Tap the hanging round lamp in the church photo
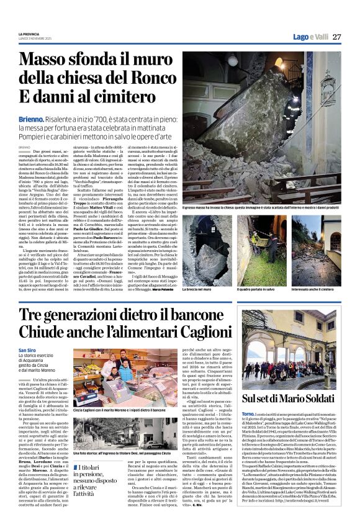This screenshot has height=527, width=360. [232, 60]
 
